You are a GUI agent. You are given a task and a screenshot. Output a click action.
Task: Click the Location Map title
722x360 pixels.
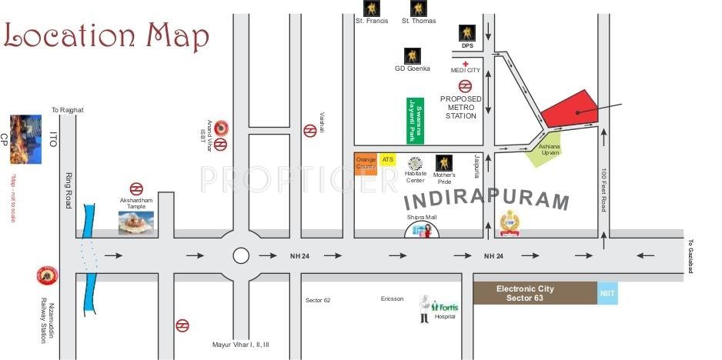[x=106, y=35]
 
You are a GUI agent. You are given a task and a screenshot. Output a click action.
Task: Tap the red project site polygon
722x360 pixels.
[x=570, y=109]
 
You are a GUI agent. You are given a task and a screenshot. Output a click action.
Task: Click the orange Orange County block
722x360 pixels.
[x=366, y=164]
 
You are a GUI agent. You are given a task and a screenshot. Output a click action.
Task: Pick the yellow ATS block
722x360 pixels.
[x=387, y=158]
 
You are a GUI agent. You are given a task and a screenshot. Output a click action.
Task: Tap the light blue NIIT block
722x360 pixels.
[x=607, y=293]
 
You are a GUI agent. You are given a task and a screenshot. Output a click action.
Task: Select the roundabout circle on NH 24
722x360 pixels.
[x=242, y=255]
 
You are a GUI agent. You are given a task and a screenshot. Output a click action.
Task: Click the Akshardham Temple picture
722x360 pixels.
[x=135, y=222]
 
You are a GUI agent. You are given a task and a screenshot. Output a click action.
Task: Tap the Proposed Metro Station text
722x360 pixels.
[x=461, y=108]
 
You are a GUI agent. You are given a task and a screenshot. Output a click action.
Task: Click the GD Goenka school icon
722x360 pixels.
[x=413, y=55]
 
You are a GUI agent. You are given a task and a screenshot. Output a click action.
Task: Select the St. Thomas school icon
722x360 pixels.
[x=418, y=8]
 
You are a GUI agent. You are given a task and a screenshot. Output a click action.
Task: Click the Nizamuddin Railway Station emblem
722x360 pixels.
[x=46, y=275]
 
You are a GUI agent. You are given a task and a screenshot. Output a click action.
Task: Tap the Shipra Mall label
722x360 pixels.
[x=422, y=218]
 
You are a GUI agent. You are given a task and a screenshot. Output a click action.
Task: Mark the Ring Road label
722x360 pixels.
[x=68, y=190]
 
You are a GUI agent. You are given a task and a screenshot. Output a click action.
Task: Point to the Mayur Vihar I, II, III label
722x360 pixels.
[x=241, y=344]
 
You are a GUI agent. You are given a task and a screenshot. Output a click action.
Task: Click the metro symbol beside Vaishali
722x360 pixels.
[x=310, y=131]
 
